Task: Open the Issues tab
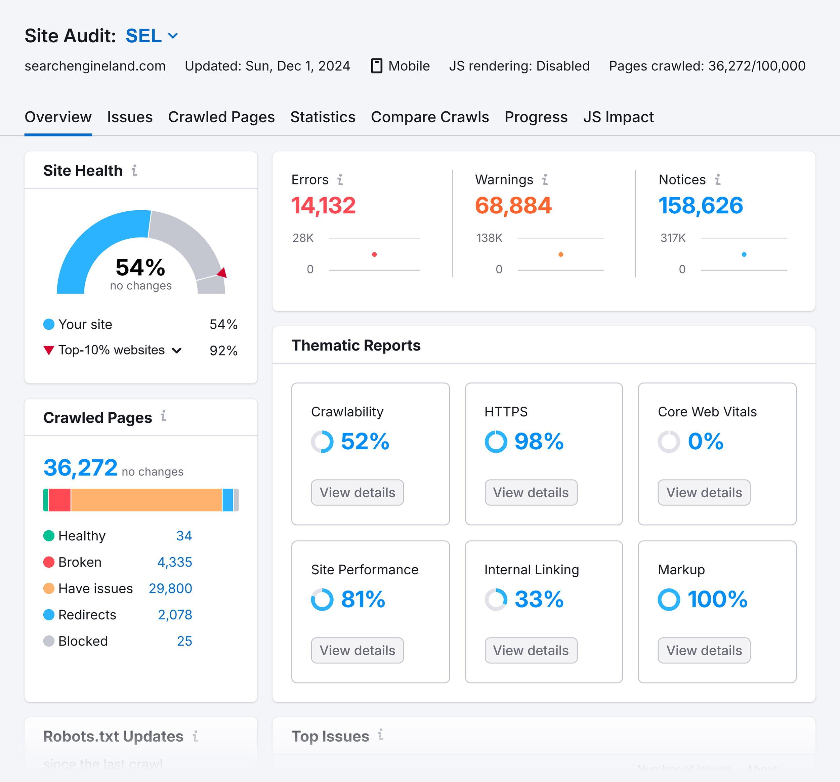(x=129, y=117)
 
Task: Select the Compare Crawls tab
(x=429, y=117)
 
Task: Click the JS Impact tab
(x=618, y=117)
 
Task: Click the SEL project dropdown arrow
(x=173, y=36)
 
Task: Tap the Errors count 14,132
(x=323, y=206)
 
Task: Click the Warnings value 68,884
(x=513, y=206)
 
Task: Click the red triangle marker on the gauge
(x=222, y=273)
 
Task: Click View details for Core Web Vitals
(x=704, y=492)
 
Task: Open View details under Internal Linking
(x=530, y=650)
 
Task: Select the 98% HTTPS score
(x=539, y=442)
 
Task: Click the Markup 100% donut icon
(x=668, y=600)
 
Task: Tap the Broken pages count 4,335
(x=174, y=562)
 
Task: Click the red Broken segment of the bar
(x=59, y=500)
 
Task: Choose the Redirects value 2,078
(x=174, y=615)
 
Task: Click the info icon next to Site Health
(x=134, y=170)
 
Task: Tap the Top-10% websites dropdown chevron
(x=177, y=351)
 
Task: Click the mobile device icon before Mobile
(x=376, y=66)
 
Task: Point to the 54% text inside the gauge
(x=140, y=267)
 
